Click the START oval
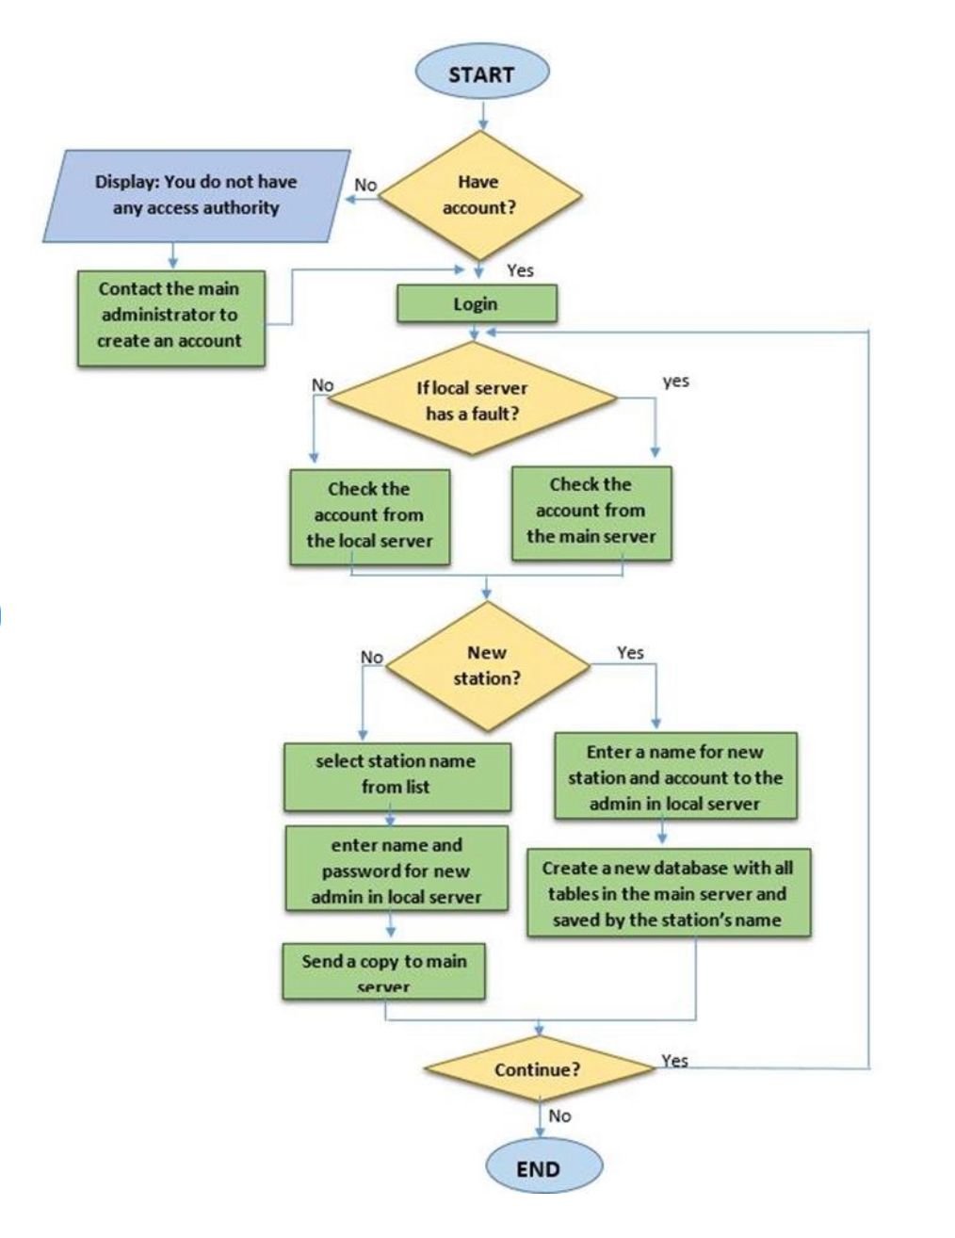[x=481, y=74]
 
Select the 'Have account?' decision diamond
[x=479, y=195]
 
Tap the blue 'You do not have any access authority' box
[x=196, y=195]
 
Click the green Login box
[x=477, y=304]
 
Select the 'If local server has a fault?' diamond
[x=473, y=400]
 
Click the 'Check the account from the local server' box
[x=369, y=515]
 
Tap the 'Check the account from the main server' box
[x=591, y=512]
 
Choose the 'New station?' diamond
[x=487, y=665]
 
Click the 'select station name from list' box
[x=397, y=774]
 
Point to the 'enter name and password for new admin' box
[x=397, y=871]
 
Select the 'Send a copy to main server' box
[x=384, y=971]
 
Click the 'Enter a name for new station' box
[x=675, y=777]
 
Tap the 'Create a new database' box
[x=668, y=893]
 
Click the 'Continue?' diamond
[x=538, y=1070]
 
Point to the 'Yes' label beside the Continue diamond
[x=674, y=1061]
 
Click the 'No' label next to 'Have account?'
[x=365, y=186]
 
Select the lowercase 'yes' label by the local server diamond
[x=675, y=382]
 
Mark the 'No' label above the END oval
[x=559, y=1116]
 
